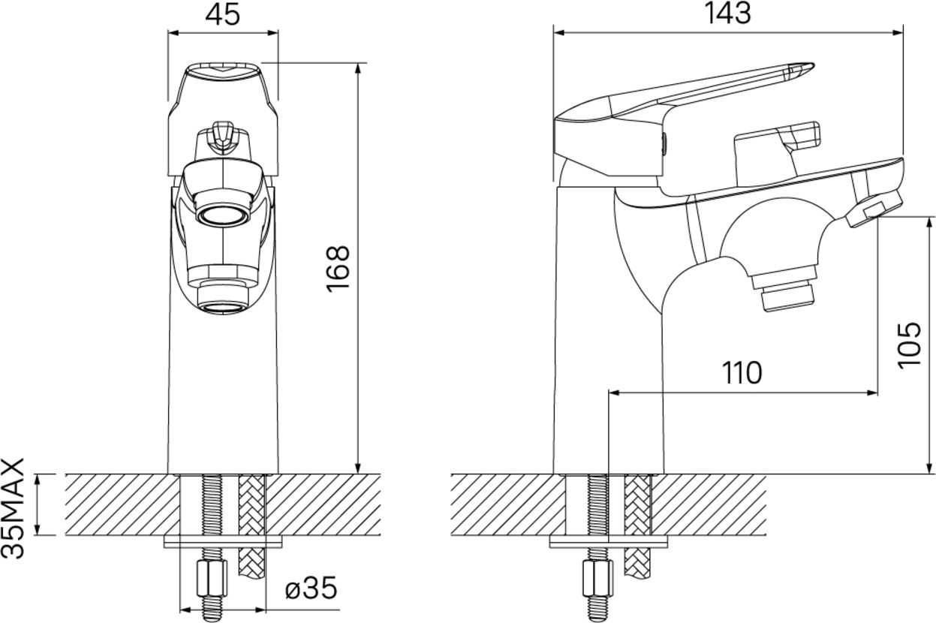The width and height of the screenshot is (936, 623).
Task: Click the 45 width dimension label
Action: (x=223, y=15)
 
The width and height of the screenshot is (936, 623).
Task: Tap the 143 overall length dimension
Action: (x=727, y=14)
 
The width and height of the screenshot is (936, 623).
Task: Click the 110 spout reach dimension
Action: (x=742, y=373)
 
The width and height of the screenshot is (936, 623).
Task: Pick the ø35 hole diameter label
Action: (x=311, y=588)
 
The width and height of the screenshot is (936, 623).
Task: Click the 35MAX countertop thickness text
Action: (x=14, y=508)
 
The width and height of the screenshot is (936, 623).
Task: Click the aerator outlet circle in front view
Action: (x=224, y=216)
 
